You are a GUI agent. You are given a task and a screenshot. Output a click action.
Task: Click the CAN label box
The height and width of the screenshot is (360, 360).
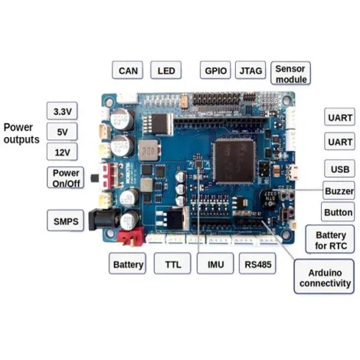pos(127,70)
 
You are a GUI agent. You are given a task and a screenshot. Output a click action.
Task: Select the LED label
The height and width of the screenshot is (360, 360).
pos(165,70)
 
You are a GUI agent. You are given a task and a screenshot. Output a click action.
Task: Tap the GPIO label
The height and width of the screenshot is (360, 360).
pos(214,70)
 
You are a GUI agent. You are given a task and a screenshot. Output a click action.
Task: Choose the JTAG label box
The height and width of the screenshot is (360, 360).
pos(250,70)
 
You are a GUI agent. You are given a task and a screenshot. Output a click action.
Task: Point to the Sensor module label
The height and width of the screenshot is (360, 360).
pos(290,74)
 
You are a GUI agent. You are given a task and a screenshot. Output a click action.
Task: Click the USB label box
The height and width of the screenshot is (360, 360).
pos(339,169)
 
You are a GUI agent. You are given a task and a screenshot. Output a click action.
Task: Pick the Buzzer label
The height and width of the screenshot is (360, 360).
pos(339,190)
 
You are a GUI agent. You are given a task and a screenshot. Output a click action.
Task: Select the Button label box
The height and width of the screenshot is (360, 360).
pos(338,211)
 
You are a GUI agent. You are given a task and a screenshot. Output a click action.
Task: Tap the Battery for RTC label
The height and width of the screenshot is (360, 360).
pos(331,239)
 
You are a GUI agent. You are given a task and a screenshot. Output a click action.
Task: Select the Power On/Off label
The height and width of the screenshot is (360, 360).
pos(66,178)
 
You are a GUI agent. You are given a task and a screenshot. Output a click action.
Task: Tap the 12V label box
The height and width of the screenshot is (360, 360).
pos(63,152)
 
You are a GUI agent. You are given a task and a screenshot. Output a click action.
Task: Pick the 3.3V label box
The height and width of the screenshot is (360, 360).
pos(63,111)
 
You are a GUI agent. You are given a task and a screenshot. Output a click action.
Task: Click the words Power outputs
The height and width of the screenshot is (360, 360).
pos(21,133)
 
